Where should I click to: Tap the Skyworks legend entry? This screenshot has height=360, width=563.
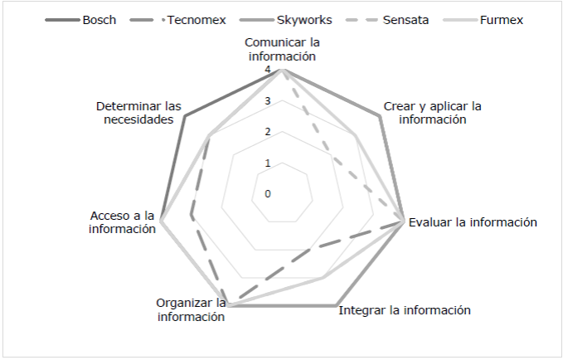click(x=303, y=18)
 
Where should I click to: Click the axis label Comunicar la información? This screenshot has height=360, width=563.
click(x=283, y=49)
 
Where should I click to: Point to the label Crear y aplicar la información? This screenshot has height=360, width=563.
click(x=433, y=113)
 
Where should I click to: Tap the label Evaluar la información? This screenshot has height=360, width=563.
click(x=473, y=222)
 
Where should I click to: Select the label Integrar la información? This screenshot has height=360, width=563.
click(x=405, y=310)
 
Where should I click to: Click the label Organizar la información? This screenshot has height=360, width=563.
click(x=191, y=309)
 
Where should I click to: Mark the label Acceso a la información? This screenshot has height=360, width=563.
click(x=123, y=222)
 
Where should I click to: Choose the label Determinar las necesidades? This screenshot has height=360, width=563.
click(x=138, y=113)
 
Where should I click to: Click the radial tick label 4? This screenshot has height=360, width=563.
click(x=268, y=71)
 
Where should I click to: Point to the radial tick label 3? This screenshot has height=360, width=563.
click(x=268, y=101)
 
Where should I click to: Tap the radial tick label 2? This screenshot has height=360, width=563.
click(x=268, y=132)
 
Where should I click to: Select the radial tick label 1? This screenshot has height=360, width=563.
click(x=268, y=163)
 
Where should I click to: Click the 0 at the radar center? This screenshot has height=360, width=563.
click(x=268, y=194)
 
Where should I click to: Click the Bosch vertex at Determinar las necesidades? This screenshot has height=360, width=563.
click(x=185, y=116)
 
